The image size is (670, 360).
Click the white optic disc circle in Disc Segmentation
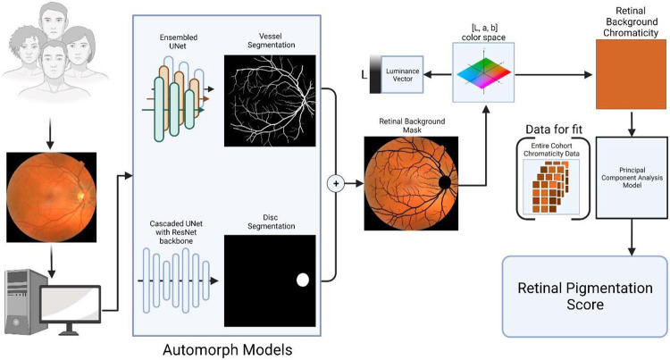coord(302,280)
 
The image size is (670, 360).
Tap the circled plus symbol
coord(338,183)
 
